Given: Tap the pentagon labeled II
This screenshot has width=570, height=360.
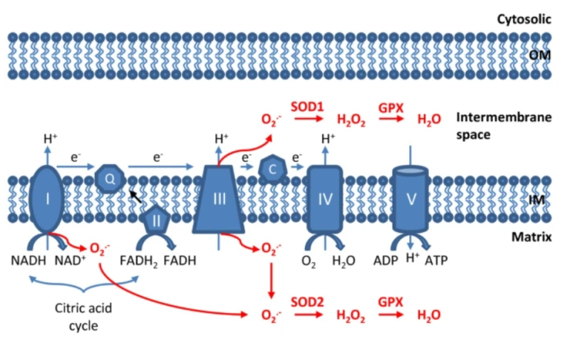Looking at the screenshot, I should coord(156,219).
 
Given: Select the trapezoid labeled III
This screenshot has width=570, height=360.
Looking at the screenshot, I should coord(220,199).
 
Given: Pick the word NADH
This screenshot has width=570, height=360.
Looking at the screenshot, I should coord(29,261).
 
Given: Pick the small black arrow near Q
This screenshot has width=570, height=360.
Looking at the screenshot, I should coord(134,197).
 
